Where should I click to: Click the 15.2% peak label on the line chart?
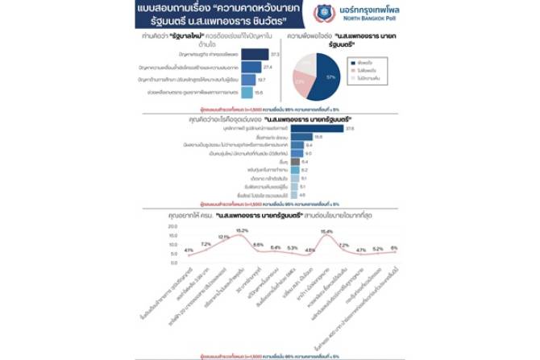[x=242, y=231]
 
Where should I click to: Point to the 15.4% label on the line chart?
[x=326, y=232]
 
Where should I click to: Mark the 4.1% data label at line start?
[x=189, y=250]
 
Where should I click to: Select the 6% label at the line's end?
[x=393, y=247]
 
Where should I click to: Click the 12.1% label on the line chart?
[x=223, y=238]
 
